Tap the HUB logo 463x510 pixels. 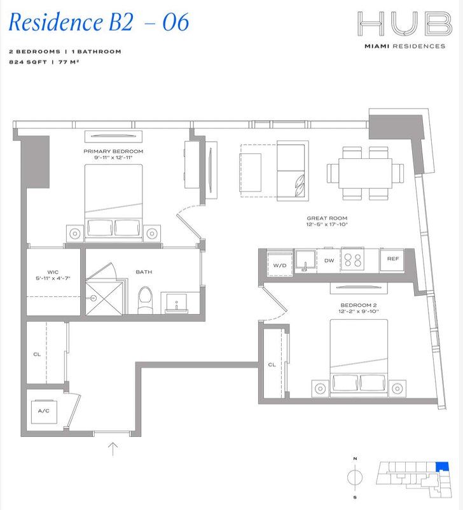[x=404, y=25]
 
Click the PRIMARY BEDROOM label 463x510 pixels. [x=113, y=151]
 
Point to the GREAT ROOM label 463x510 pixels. [x=328, y=218]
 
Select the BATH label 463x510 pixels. [x=144, y=272]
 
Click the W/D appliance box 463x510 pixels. [x=280, y=264]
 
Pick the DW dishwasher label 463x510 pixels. [x=329, y=261]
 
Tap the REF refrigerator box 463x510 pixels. [x=392, y=259]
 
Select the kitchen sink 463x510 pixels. [x=305, y=261]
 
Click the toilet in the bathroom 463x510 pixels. [x=146, y=299]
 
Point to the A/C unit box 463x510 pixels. [x=44, y=411]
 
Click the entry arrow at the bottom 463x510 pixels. [x=113, y=449]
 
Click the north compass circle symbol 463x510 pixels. [x=356, y=477]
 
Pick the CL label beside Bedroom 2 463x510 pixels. [x=272, y=364]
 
